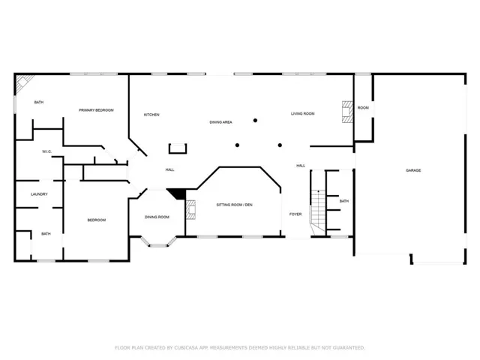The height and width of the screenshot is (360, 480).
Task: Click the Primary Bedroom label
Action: [96, 110]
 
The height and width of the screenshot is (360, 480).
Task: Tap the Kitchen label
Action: [151, 115]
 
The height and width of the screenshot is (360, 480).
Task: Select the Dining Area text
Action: [220, 122]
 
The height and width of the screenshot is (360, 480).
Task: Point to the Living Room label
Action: [303, 113]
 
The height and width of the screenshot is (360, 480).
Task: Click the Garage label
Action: [413, 170]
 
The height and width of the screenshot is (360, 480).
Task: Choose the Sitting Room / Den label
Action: [235, 205]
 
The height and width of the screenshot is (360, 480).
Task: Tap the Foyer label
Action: [295, 214]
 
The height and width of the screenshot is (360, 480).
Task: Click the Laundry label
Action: [39, 194]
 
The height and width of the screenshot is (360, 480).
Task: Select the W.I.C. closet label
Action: [46, 151]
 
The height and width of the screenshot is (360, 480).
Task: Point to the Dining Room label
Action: [157, 217]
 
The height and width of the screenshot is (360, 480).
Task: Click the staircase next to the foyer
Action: [318, 212]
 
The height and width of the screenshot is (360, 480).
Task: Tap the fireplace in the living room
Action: [347, 112]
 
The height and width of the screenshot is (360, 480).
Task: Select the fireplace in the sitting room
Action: [190, 210]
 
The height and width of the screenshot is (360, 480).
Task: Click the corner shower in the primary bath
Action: [24, 82]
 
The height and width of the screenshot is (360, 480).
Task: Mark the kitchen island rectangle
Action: [178, 148]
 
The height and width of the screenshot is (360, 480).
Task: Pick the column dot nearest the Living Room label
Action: [255, 120]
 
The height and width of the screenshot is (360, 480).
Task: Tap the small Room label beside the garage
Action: [363, 108]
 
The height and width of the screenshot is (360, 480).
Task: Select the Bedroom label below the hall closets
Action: [97, 220]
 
